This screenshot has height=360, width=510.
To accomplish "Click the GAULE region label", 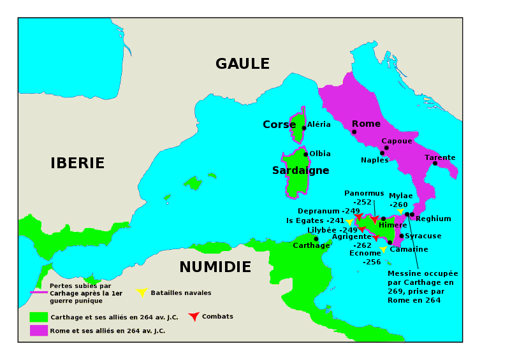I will [x=242, y=64].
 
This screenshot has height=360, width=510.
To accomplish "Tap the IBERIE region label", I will [x=78, y=163].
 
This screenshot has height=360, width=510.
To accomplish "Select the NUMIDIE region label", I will [x=215, y=267].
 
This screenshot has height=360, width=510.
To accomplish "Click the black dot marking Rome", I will [x=354, y=132].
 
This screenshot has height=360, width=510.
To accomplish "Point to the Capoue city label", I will [x=397, y=141].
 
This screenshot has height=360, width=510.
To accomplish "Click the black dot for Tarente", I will [x=435, y=163].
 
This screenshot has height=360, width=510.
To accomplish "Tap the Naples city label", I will [x=374, y=160].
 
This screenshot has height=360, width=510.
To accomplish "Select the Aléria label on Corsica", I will [x=319, y=125].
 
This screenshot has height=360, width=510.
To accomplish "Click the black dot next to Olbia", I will [x=305, y=154].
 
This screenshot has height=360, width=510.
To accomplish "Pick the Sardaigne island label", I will [x=300, y=170].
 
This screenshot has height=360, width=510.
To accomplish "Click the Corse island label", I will [x=279, y=125].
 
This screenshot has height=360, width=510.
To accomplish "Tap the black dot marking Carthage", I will [x=316, y=239].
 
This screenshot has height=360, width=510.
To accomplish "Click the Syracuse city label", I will [x=423, y=236].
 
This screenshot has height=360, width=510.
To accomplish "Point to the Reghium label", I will [x=433, y=219].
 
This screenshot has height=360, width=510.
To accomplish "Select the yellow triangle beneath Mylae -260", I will [x=400, y=212].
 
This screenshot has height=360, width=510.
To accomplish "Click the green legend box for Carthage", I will [x=39, y=317].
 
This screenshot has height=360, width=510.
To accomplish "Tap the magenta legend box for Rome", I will [x=39, y=330].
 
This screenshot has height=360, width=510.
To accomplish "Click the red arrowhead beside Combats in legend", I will [x=194, y=316].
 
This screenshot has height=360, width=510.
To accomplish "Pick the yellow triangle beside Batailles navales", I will [x=142, y=292].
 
